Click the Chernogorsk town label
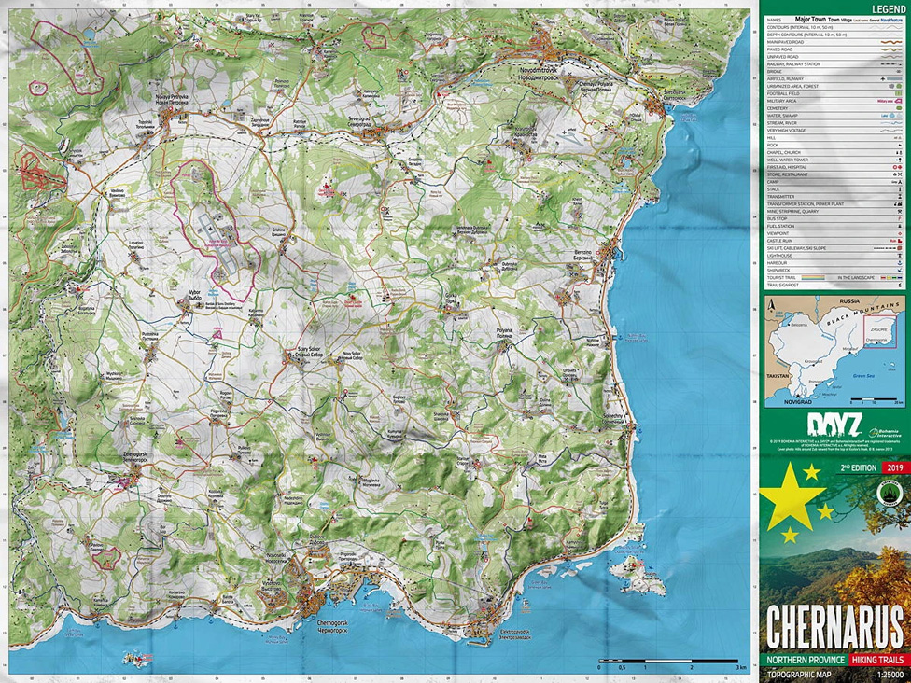pos(332,624)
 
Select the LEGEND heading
pos(888,8)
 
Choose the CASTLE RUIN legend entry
pos(780,240)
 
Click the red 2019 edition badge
pos(894,467)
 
